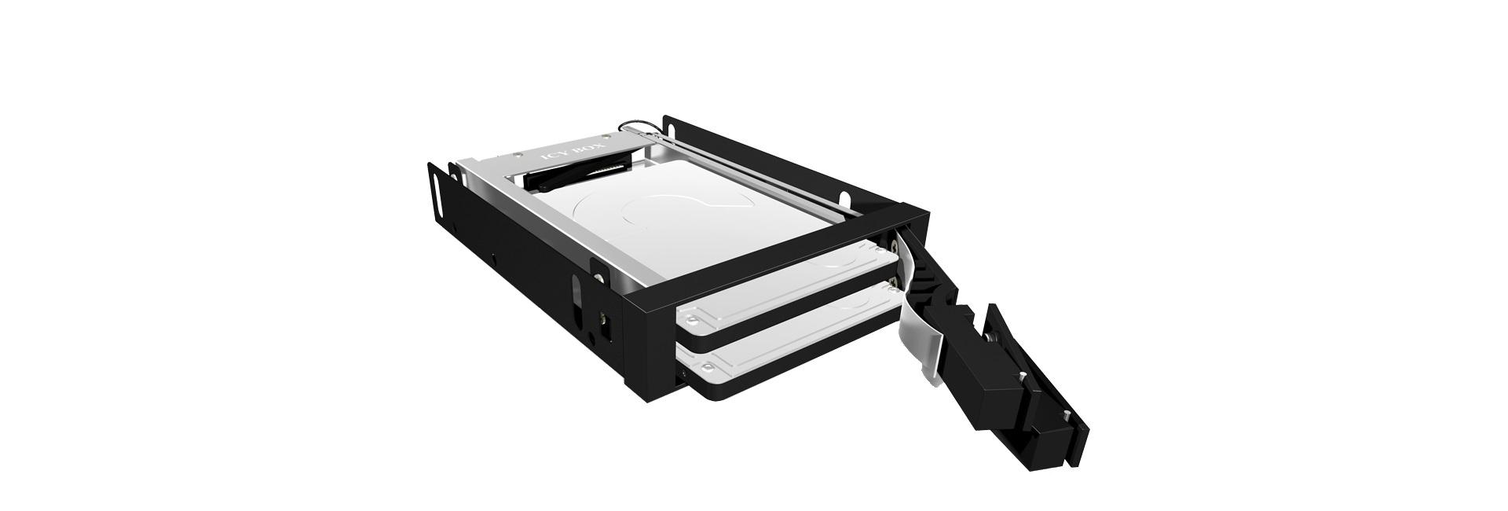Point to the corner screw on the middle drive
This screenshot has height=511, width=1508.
690,320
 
